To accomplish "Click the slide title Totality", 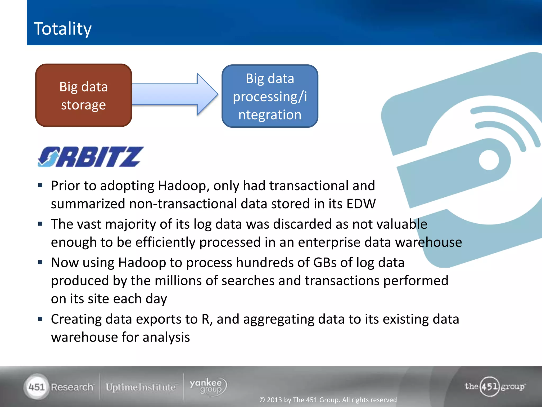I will click(62, 29).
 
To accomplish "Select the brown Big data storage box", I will click(84, 95).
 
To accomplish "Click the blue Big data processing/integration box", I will click(270, 96).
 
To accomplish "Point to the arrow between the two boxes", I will click(175, 94).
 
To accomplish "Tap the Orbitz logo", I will click(90, 157).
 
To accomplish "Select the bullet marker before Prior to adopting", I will click(40, 185).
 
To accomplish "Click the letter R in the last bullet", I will click(206, 319).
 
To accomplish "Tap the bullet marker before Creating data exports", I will click(40, 319).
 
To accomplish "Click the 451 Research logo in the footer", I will click(60, 387).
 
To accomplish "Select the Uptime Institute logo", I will click(141, 387).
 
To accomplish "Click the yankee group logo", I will click(208, 386).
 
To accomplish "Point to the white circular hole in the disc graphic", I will click(489, 160).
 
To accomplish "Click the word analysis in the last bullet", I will click(166, 337).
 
